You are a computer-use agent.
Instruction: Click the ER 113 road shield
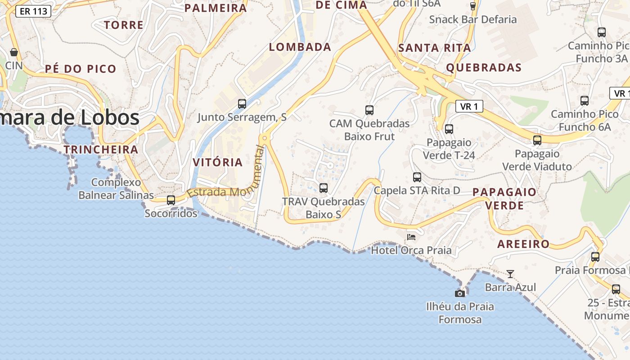[33, 11]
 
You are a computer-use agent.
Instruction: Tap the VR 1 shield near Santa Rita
[469, 106]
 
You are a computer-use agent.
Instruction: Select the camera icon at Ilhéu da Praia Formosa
[460, 293]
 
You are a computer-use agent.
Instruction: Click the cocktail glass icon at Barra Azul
[510, 274]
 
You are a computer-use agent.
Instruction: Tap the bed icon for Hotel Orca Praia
[411, 237]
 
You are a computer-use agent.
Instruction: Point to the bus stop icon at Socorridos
[171, 200]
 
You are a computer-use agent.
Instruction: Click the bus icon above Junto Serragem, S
[242, 104]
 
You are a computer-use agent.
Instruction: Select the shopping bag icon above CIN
[14, 52]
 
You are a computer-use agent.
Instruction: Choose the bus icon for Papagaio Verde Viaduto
[537, 140]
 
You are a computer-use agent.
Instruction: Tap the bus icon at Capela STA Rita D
[417, 177]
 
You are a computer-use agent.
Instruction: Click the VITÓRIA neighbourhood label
[218, 162]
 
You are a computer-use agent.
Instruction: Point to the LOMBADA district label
[300, 47]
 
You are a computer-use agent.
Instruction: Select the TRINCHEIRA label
[101, 149]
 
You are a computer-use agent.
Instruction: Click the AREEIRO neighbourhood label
[523, 244]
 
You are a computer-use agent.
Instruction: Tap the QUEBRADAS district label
[484, 68]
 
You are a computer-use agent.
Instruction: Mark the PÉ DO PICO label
[81, 69]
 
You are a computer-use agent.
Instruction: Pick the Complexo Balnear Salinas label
[116, 189]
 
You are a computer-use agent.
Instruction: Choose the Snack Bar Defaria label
[473, 19]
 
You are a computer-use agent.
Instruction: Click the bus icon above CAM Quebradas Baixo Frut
[369, 110]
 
